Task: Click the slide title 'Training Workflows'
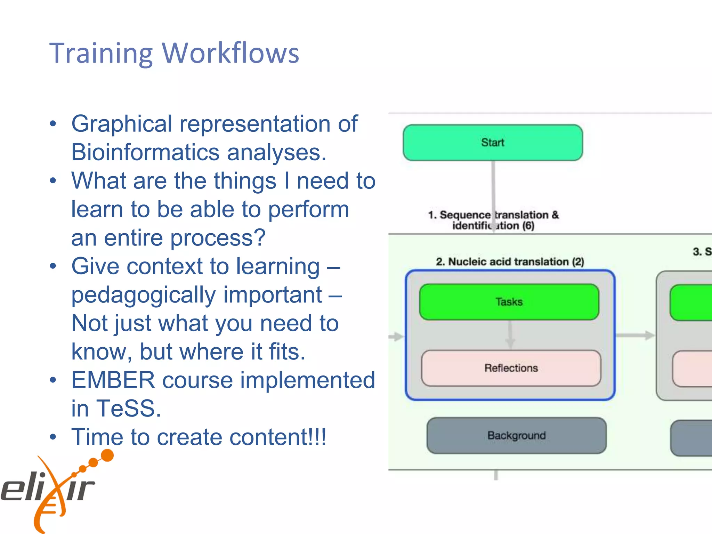coord(174,53)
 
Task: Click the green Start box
coord(493,143)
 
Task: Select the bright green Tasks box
coord(509,302)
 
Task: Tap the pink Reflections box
coord(511,368)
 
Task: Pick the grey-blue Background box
coord(516,435)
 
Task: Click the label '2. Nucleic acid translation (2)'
coord(510,261)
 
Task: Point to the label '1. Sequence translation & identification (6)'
coord(493,220)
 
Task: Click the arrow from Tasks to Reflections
coord(510,334)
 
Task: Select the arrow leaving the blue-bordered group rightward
coord(635,335)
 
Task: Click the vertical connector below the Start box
coord(493,184)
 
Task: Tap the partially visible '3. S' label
coord(702,251)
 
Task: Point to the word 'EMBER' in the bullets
coord(113,380)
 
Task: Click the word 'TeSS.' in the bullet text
coord(129,408)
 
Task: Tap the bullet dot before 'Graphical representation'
coord(53,124)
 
